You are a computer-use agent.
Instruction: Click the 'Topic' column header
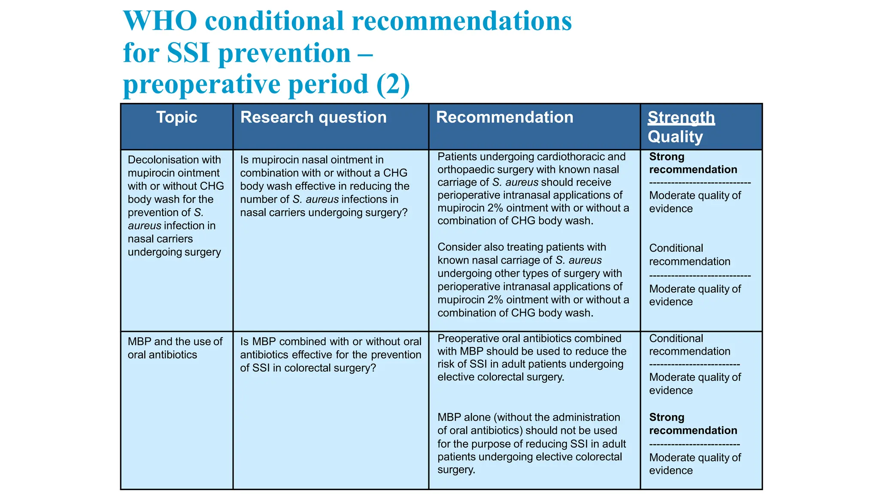(x=176, y=117)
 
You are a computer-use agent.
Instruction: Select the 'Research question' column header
(x=313, y=117)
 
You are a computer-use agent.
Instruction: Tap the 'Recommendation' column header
(x=504, y=117)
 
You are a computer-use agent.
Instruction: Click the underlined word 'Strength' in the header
(x=681, y=117)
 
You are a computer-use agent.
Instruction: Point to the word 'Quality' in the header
(x=675, y=137)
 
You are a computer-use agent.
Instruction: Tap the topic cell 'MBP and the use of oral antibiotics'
(x=175, y=348)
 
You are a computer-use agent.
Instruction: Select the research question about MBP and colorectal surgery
(x=330, y=355)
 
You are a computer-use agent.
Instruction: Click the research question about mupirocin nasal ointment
(x=324, y=186)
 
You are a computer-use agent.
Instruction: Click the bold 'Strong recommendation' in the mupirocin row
(x=693, y=163)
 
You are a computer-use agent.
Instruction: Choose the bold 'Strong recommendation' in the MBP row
(x=693, y=424)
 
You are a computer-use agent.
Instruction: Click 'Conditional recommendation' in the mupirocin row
(x=689, y=255)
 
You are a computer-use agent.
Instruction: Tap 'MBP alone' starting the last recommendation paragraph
(x=464, y=418)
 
